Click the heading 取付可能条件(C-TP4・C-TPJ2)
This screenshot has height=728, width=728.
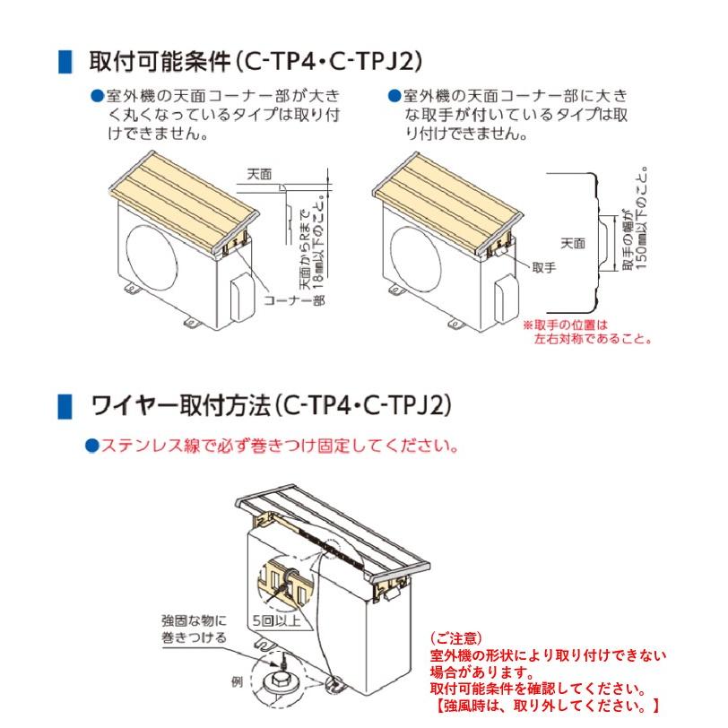(256, 63)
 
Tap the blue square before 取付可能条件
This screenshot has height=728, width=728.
(64, 63)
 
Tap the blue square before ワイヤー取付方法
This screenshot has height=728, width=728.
(64, 405)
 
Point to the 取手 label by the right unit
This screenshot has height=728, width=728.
(544, 266)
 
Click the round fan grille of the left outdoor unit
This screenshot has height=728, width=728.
(155, 253)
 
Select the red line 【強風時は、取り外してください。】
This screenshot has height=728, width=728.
(546, 706)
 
